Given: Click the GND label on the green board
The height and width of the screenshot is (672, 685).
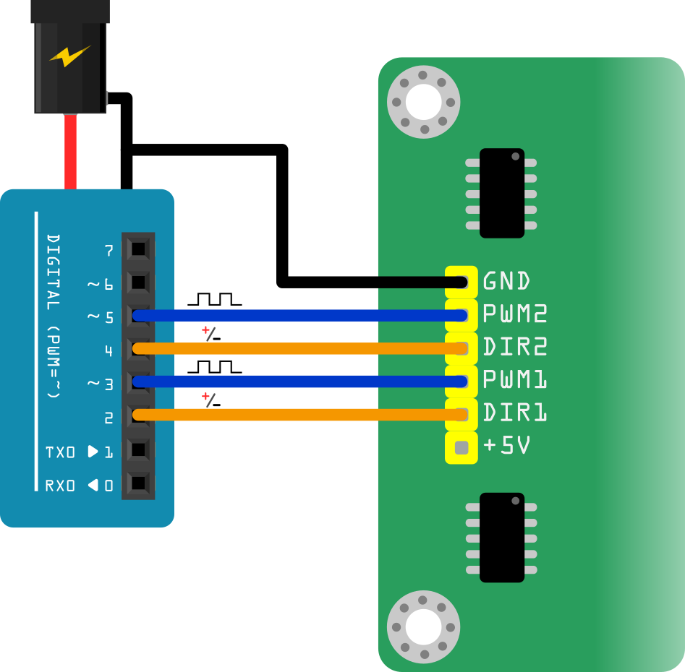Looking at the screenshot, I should (x=506, y=280).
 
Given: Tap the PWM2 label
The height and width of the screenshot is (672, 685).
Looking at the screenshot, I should (x=514, y=314).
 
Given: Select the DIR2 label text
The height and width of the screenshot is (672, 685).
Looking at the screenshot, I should (x=514, y=348).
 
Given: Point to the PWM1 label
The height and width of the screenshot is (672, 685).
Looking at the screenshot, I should (x=514, y=380).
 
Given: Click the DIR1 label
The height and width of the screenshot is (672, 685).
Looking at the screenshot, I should (x=514, y=413).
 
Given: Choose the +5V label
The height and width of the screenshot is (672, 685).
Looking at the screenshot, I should (x=506, y=447).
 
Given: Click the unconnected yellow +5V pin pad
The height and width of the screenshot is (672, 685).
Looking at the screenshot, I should (x=461, y=448).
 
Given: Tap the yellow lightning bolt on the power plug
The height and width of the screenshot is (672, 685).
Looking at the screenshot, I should (x=69, y=56).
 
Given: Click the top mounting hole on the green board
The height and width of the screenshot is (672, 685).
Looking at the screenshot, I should (x=424, y=102).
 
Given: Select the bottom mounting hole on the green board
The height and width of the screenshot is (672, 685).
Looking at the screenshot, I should (x=424, y=626).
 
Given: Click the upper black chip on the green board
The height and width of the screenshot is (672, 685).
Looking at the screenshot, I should (x=501, y=193).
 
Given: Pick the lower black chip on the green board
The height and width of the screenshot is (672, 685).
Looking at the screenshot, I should (x=501, y=537).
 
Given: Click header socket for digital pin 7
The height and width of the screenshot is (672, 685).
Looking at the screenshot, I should (x=138, y=250).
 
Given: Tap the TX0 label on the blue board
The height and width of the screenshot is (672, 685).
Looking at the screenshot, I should (x=60, y=452).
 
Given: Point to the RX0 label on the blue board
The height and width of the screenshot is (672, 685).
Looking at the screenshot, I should (x=60, y=486).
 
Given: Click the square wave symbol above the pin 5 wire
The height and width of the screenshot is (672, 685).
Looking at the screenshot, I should (x=215, y=299).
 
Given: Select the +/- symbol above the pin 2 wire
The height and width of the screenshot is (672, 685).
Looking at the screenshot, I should (x=211, y=400).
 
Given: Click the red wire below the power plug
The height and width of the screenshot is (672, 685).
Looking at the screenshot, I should (x=70, y=152).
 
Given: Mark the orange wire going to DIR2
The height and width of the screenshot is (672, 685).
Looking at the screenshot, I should (x=297, y=349).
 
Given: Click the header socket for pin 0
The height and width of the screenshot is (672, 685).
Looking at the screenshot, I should (x=138, y=483).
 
